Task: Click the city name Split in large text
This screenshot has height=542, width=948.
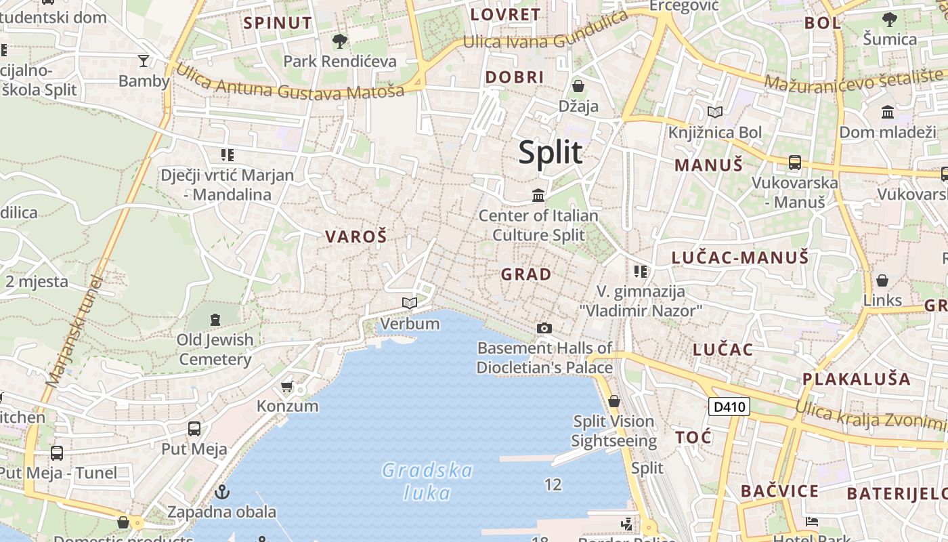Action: click(x=550, y=152)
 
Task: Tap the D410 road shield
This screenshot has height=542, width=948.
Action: click(x=729, y=406)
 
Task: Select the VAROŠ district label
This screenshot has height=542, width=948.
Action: click(x=355, y=236)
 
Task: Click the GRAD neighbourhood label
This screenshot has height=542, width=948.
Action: click(x=526, y=274)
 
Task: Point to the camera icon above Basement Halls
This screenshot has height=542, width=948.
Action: click(x=544, y=328)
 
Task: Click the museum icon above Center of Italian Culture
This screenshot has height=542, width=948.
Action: click(x=538, y=196)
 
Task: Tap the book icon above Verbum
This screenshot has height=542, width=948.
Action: click(x=409, y=303)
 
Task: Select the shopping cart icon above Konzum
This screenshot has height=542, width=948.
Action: click(x=287, y=386)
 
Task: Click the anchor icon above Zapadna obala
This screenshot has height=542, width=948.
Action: click(x=221, y=492)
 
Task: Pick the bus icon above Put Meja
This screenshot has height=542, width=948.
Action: click(x=194, y=429)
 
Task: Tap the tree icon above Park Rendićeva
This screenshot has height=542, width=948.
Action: click(x=339, y=41)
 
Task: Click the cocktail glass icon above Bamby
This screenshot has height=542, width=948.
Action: click(x=144, y=61)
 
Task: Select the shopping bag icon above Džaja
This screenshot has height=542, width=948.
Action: click(x=578, y=86)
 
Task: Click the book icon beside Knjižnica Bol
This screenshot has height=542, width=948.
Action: click(x=715, y=112)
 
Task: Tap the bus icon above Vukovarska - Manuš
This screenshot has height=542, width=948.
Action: click(x=795, y=163)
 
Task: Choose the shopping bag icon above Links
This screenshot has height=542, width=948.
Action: click(x=882, y=280)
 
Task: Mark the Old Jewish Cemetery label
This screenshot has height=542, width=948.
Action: click(x=215, y=349)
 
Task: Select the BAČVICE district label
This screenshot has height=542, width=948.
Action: click(x=779, y=491)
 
